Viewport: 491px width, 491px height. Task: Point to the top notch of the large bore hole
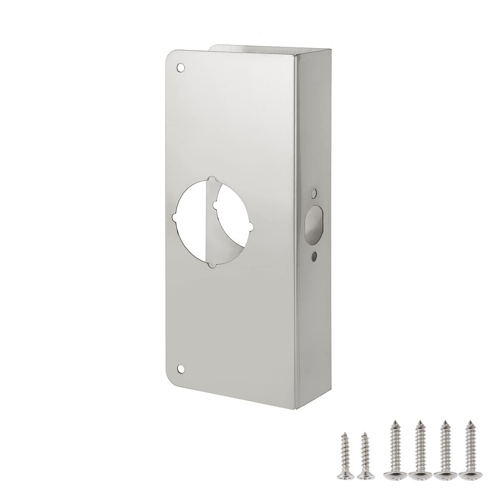pos(212,180)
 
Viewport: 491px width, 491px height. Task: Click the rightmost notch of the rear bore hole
pos(251,227)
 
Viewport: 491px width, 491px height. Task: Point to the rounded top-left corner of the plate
pos(169,56)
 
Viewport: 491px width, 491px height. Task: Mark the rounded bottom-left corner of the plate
pos(170,381)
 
